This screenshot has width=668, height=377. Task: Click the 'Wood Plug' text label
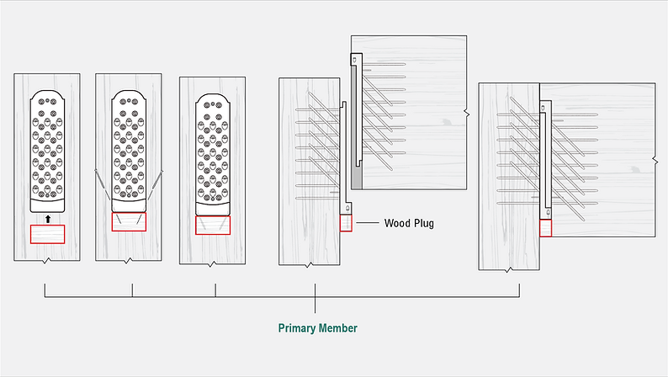pos(409,224)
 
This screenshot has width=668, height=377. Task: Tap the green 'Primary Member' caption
pos(318,328)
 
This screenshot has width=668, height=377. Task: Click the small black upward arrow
pos(48,218)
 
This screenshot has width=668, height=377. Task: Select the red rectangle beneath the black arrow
pos(48,234)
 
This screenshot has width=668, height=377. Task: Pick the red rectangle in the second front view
pos(129,222)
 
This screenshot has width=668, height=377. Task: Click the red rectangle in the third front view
pos(212,225)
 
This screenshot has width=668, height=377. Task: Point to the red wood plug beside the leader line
pos(346,223)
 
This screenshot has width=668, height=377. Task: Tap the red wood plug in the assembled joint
pos(545,228)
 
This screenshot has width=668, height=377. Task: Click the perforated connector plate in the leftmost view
pos(48,150)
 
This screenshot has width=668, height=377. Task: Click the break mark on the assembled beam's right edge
pos(655,160)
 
